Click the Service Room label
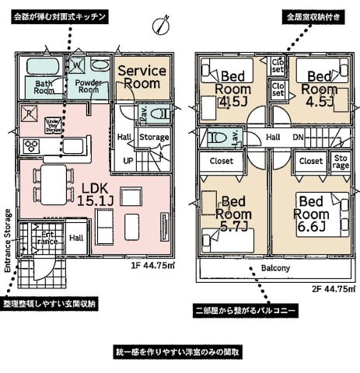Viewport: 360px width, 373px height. point(141,77)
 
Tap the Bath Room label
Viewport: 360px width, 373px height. point(44,86)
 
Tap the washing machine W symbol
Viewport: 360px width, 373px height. point(78,65)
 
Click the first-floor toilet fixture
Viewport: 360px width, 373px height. point(157,113)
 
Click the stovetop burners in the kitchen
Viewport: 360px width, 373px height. point(33,146)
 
